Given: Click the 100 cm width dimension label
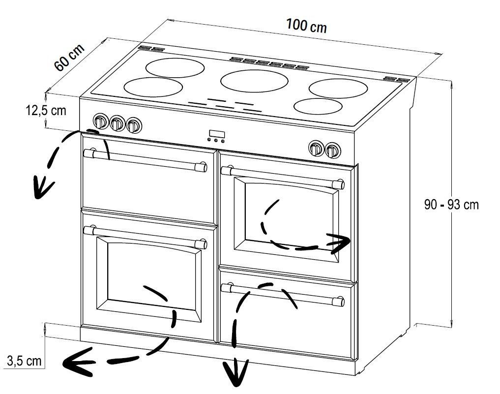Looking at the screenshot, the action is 306,26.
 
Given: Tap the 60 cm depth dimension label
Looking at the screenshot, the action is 69,57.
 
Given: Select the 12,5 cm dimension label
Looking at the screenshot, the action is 46,110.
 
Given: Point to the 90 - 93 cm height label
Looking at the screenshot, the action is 451,205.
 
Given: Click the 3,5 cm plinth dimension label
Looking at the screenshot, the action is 24,361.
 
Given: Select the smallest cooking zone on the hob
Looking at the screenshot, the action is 318,106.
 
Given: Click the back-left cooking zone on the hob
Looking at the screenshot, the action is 175,67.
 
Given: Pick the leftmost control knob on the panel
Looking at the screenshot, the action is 100,121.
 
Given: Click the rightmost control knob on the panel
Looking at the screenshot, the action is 332,150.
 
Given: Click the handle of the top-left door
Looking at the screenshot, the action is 145,160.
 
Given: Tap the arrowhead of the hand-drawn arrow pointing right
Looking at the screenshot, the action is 339,243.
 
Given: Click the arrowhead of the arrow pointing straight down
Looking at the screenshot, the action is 235,372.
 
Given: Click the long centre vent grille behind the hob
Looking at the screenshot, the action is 269,63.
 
